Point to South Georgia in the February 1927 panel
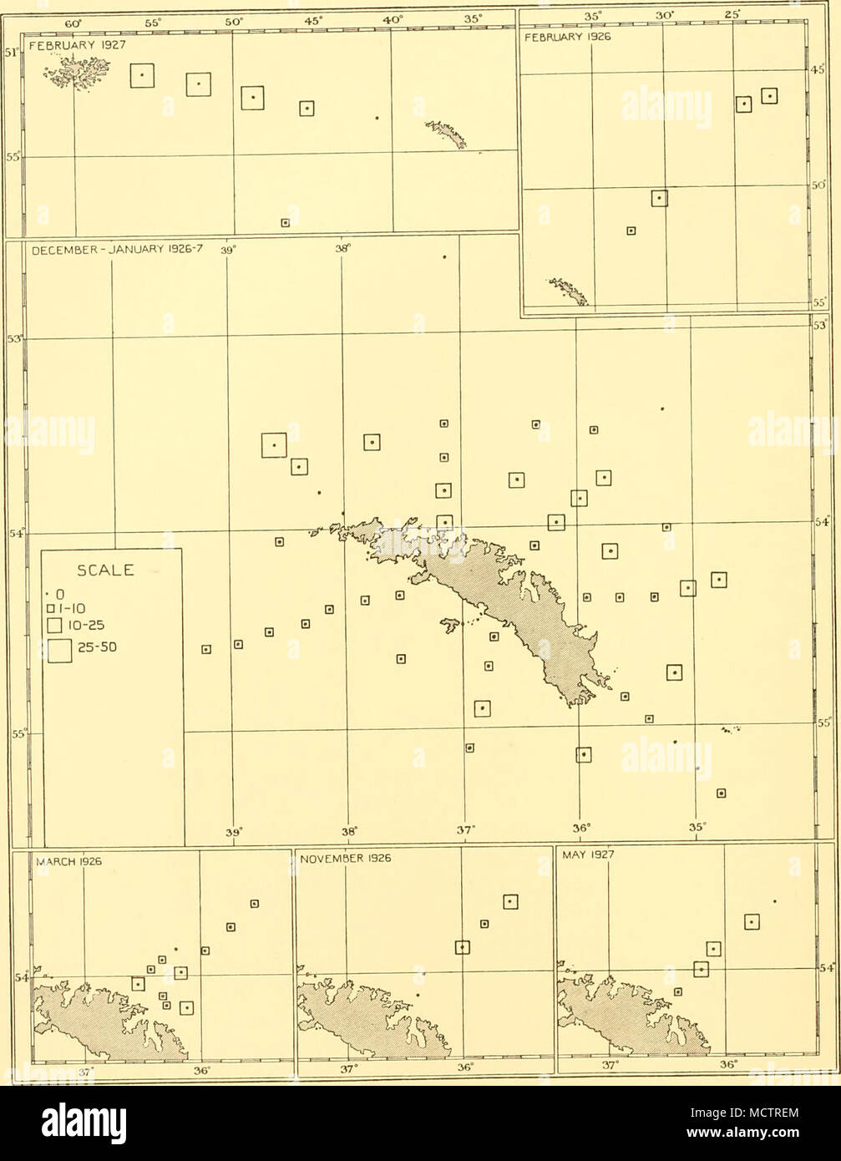click(447, 133)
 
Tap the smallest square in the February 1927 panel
click(286, 222)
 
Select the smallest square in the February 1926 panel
click(631, 230)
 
